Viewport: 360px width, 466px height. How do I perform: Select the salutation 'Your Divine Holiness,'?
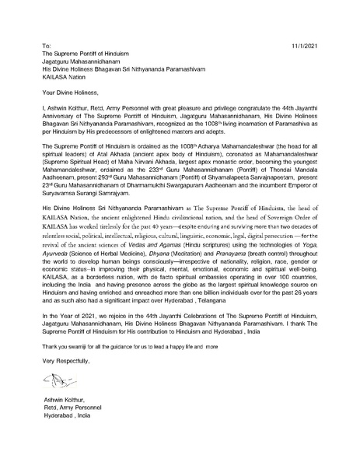click(71, 92)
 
